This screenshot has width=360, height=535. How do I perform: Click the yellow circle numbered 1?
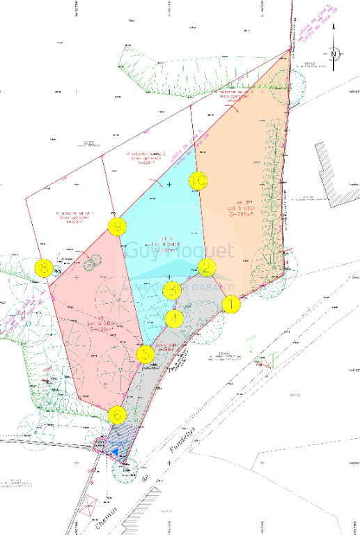pyautogui.click(x=230, y=304)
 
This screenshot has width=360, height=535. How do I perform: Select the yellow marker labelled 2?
pyautogui.click(x=206, y=267)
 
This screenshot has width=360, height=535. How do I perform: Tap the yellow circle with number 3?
pyautogui.click(x=172, y=290)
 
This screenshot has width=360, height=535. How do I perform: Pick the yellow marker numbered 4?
pyautogui.click(x=174, y=319)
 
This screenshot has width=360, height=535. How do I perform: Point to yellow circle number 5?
pyautogui.click(x=145, y=354)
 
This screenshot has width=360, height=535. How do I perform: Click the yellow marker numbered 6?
pyautogui.click(x=118, y=416)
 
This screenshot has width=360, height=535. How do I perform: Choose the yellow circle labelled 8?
pyautogui.click(x=45, y=267)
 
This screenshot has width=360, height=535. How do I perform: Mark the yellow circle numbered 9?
pyautogui.click(x=118, y=226)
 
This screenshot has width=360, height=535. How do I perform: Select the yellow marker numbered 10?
pyautogui.click(x=198, y=181)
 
